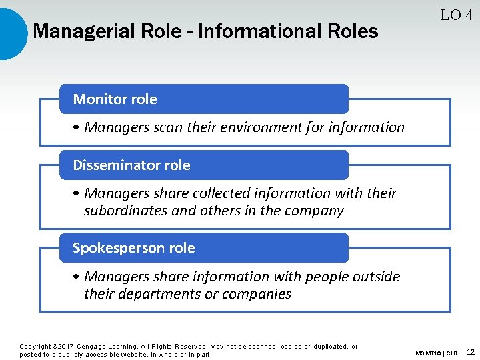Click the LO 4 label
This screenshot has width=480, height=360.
tap(457, 15)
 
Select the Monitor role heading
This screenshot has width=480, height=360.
tap(115, 99)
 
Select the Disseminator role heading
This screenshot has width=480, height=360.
tap(131, 165)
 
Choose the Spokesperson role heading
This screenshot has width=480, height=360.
tap(133, 248)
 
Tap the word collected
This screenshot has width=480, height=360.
tap(222, 193)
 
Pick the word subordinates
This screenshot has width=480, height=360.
tap(125, 211)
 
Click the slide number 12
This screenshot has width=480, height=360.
tap(471, 352)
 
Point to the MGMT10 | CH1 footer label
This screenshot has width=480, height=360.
tap(436, 353)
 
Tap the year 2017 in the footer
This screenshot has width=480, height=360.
tap(64, 347)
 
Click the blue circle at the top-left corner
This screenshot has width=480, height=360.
tap(10, 33)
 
